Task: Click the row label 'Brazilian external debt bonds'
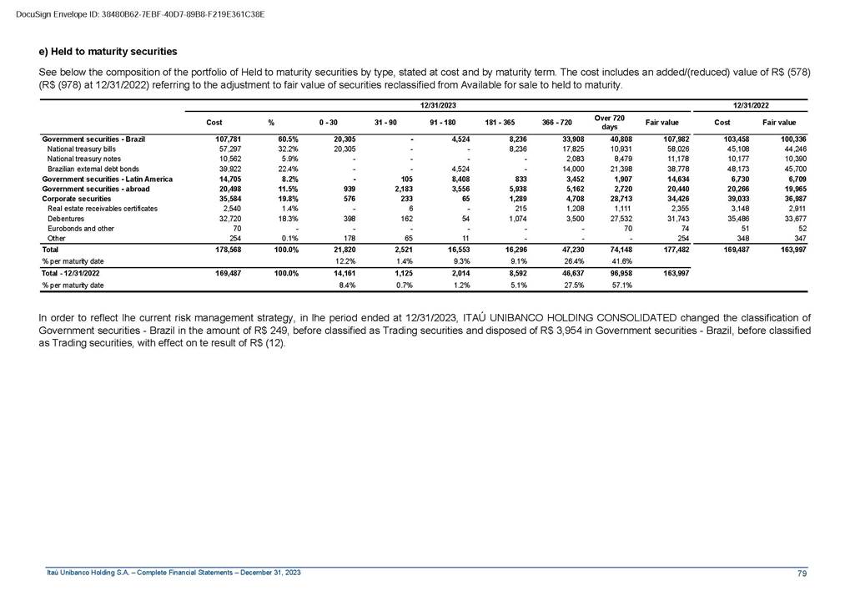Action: tap(99, 169)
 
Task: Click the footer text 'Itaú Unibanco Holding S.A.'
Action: tap(95, 572)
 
